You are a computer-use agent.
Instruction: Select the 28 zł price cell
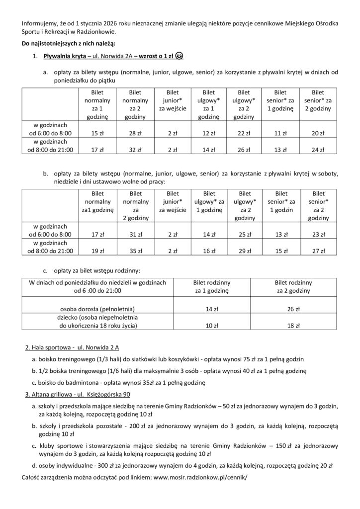tap(131, 133)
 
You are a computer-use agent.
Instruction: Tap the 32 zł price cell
tap(131, 149)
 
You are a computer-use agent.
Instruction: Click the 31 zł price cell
tap(131, 235)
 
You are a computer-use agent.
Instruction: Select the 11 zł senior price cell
tap(280, 133)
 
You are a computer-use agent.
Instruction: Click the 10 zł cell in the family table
tap(210, 326)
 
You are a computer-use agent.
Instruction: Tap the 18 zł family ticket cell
tap(298, 326)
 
